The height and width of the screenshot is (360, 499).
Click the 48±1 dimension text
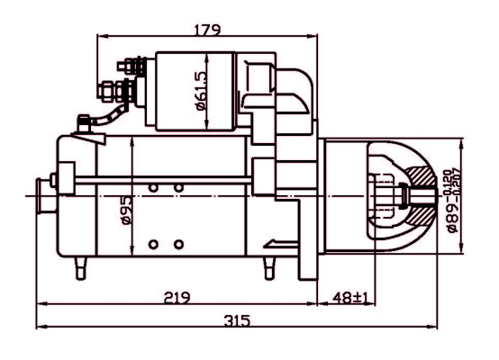pyautogui.click(x=346, y=297)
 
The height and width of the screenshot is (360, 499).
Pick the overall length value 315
pyautogui.click(x=236, y=321)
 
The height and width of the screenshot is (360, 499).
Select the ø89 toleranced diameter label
pyautogui.click(x=456, y=196)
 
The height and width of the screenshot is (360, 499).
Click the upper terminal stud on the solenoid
pyautogui.click(x=129, y=66)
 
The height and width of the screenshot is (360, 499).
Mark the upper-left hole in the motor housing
pyautogui.click(x=154, y=186)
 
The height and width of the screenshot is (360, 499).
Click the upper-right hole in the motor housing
pyautogui.click(x=178, y=186)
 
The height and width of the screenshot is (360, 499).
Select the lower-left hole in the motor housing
pyautogui.click(x=154, y=244)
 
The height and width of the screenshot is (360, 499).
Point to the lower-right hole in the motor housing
pyautogui.click(x=178, y=244)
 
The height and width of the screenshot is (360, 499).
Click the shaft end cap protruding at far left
pyautogui.click(x=41, y=194)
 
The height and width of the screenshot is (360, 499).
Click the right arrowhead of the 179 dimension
pyautogui.click(x=314, y=37)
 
